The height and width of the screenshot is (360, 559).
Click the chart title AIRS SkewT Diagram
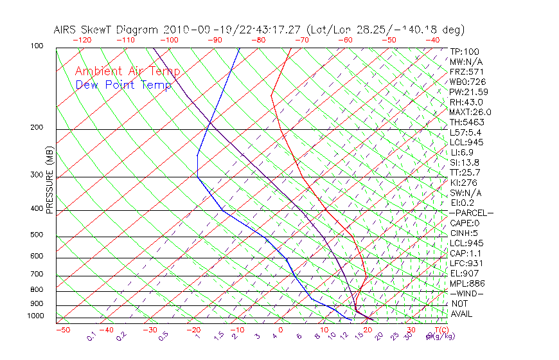(x=107, y=30)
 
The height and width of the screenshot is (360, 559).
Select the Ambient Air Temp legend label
(x=127, y=71)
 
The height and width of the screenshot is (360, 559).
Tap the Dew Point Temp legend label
(x=123, y=85)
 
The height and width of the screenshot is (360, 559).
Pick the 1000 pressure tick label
(x=36, y=316)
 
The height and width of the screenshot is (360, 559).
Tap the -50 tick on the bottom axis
(x=62, y=330)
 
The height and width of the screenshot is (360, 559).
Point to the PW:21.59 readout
(x=468, y=92)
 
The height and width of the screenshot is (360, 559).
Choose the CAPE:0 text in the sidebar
(x=466, y=223)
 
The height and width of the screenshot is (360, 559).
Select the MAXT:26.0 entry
(x=470, y=112)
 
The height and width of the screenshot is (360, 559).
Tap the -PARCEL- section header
(x=471, y=213)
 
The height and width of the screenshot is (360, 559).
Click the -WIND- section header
(x=467, y=293)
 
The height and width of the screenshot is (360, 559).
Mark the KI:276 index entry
(x=464, y=183)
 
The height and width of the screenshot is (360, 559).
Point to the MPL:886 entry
(x=466, y=283)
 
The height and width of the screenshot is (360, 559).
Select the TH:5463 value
(x=466, y=122)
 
